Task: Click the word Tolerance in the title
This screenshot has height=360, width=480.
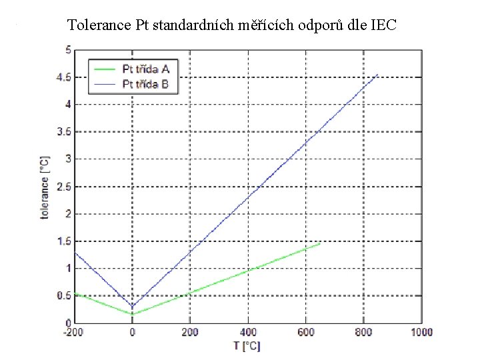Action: [99, 26]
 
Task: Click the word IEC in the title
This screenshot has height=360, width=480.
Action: [381, 26]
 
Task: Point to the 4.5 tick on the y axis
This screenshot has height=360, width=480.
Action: [65, 77]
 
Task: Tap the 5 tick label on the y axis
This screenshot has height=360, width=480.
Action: [68, 49]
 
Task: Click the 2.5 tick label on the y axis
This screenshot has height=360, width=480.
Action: [65, 186]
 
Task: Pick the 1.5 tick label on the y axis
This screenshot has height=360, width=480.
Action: [65, 241]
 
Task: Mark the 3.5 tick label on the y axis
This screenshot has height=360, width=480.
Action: [65, 131]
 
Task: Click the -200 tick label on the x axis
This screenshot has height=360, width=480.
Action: [74, 332]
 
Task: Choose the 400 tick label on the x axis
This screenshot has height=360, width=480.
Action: [248, 332]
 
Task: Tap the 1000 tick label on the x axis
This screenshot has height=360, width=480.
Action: [421, 332]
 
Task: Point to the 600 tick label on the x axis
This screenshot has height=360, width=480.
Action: [306, 332]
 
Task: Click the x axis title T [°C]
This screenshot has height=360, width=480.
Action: [247, 345]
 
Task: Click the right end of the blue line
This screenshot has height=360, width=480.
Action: [378, 74]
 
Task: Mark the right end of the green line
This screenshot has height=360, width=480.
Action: [320, 243]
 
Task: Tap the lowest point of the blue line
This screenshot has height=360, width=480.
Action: [132, 307]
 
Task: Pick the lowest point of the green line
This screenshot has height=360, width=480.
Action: [132, 314]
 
